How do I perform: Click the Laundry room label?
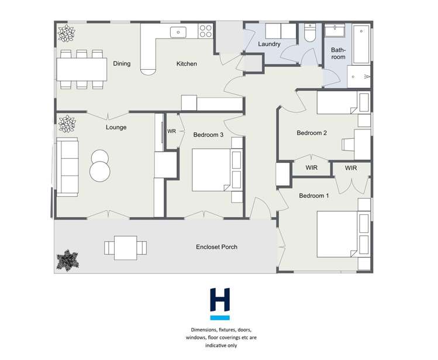coord(270,44)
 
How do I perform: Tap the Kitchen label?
coord(187,64)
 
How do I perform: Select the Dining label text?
coord(122,64)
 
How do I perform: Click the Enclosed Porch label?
coord(216,247)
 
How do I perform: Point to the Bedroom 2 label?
coord(311,133)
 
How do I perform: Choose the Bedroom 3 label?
coord(208,135)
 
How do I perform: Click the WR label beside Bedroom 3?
coord(171,132)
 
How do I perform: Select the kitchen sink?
coord(177,31)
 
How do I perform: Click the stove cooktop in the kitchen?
coord(205,30)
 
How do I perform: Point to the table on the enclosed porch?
coord(125,248)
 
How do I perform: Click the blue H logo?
coord(220,302)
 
